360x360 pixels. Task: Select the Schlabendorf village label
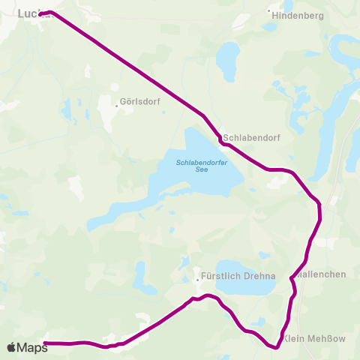click(x=247, y=138)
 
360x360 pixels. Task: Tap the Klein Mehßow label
click(x=316, y=338)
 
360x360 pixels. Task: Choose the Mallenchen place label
click(x=322, y=274)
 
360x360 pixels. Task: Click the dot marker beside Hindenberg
click(x=269, y=11)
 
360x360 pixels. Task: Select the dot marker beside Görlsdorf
click(x=116, y=106)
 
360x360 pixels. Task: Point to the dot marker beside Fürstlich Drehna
click(x=196, y=280)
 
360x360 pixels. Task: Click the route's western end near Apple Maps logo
click(x=45, y=343)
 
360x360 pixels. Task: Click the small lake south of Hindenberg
click(x=226, y=56)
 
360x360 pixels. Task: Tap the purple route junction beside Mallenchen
click(x=291, y=278)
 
